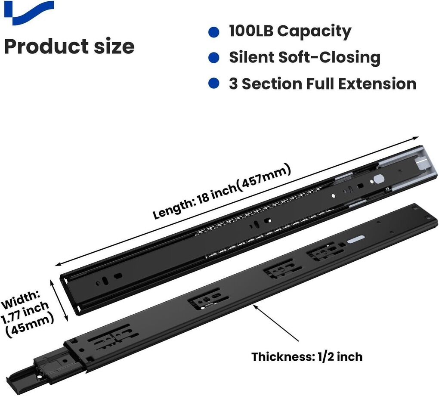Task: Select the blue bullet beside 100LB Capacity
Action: coord(214,32)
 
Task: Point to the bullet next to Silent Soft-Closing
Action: coord(214,58)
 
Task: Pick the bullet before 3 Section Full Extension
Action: coord(214,84)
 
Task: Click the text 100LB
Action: coord(251,31)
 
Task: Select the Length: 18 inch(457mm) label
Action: coord(222,193)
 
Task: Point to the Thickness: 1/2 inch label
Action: coord(307,357)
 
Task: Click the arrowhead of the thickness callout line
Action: coord(255,306)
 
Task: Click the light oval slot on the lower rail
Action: coord(356,239)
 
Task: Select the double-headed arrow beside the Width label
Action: coord(59,300)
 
